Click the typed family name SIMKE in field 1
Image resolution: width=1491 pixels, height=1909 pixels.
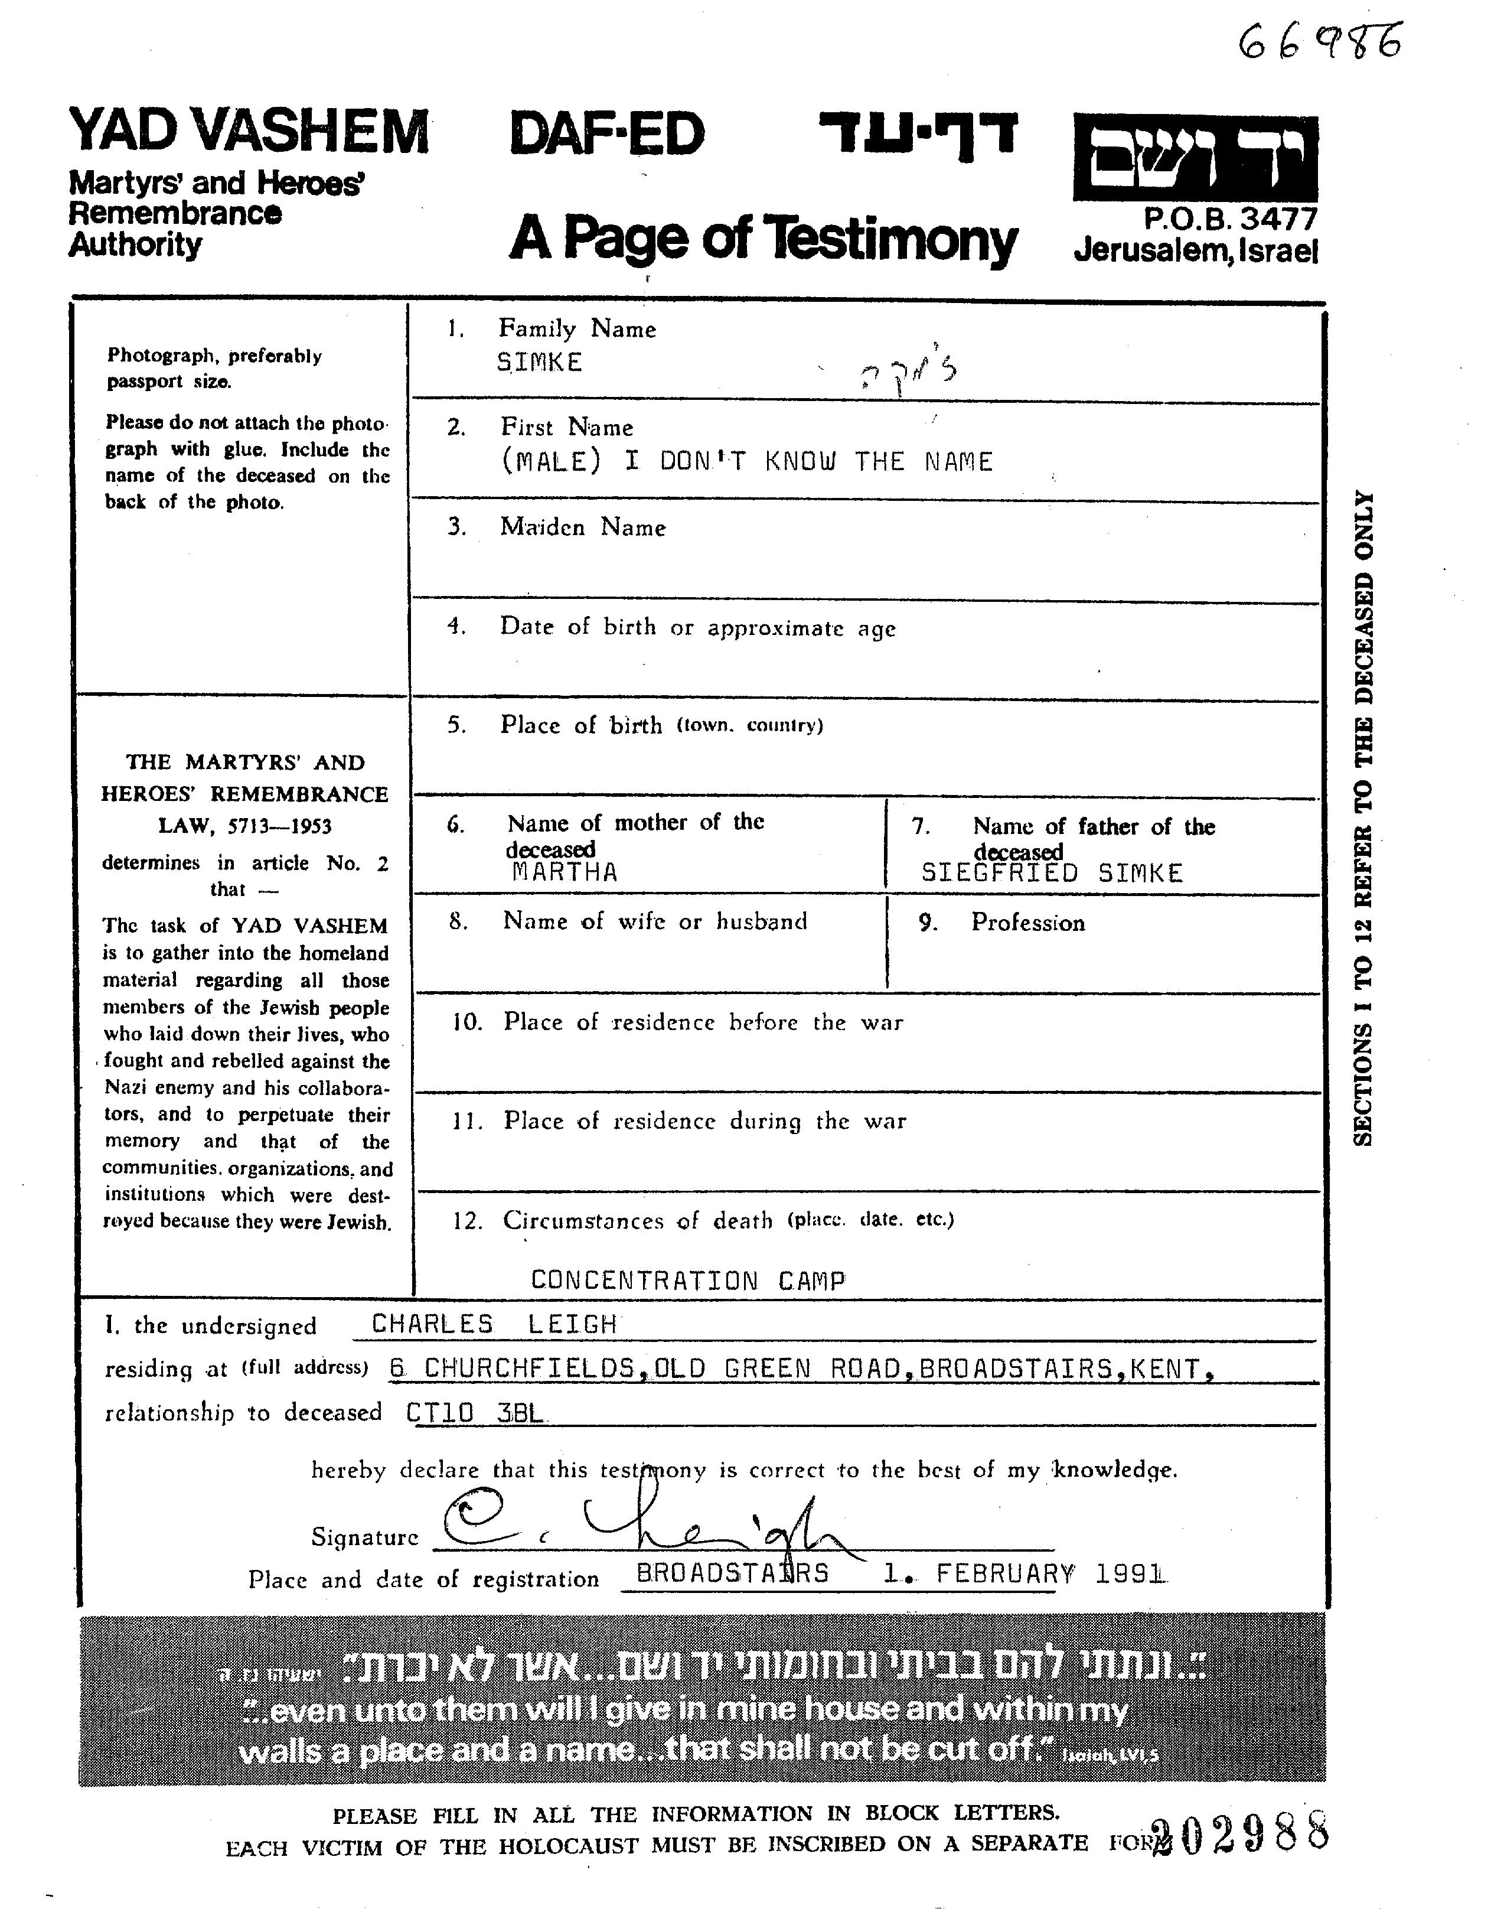point(539,363)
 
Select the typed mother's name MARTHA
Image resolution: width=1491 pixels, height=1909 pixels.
point(565,872)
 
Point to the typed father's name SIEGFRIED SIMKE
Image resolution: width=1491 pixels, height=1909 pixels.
point(1052,873)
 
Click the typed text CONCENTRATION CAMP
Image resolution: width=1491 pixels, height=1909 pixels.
point(688,1281)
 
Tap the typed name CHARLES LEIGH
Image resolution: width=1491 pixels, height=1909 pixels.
point(495,1324)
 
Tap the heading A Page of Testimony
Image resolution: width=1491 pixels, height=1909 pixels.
point(763,238)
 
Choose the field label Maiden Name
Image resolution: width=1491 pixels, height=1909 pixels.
point(583,527)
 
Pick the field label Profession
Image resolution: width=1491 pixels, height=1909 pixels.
point(1028,923)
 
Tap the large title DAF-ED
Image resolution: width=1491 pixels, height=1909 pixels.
point(606,135)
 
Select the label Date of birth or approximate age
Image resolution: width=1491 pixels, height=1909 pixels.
point(697,628)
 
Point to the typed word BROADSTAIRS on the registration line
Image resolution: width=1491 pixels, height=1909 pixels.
point(732,1574)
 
